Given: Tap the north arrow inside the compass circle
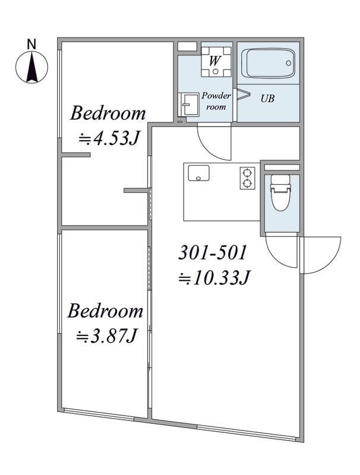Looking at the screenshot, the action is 32,66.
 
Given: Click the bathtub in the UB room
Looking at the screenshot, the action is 268,64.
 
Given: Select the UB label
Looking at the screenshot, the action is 267,99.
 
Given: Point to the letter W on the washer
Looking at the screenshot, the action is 214,61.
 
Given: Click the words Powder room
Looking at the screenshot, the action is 216,101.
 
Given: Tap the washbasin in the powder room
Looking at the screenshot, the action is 188,104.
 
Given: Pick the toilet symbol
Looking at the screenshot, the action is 280,192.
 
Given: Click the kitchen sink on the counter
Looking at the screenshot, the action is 198,173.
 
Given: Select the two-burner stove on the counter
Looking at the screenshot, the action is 248,178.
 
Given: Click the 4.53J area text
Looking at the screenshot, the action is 109,139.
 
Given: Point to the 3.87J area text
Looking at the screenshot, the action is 106,336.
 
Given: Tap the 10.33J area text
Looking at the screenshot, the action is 214,277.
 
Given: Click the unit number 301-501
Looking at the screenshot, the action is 213,253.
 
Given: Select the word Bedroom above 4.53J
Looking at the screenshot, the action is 108,113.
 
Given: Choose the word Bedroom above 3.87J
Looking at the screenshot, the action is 105,311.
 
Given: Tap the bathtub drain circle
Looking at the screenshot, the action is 289,64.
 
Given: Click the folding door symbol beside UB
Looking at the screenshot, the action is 243,94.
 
